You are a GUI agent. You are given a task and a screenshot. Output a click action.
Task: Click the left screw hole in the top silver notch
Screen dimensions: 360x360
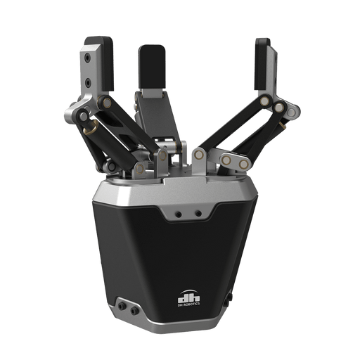(x=179, y=214)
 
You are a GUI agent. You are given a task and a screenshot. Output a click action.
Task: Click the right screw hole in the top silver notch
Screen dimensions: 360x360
(x=198, y=214)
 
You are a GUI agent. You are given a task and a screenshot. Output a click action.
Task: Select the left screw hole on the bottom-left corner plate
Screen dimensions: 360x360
(x=122, y=306)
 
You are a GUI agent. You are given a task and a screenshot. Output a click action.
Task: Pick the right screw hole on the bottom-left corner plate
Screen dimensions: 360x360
(x=134, y=311)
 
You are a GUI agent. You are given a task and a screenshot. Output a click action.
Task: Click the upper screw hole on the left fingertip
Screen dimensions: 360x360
(x=88, y=58)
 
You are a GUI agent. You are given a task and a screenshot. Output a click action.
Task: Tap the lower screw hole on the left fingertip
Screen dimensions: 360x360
(x=88, y=82)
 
